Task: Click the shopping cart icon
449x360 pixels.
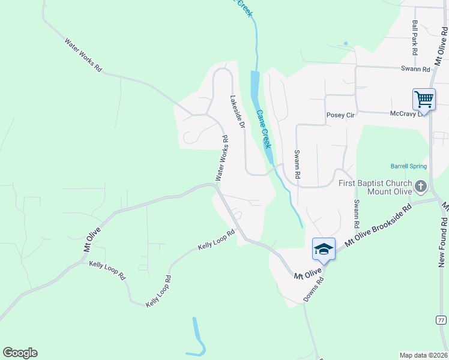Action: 424,99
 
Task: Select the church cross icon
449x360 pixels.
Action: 420,187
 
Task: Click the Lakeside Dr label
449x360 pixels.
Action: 238,112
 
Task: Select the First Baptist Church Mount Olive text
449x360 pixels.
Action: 376,187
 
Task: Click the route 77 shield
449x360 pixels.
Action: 441,320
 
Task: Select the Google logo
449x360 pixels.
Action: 20,353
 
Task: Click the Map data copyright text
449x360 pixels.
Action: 424,355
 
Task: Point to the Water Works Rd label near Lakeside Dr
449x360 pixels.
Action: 222,158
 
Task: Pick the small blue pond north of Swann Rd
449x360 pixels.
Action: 345,43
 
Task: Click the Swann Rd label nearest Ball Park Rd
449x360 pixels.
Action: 416,69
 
